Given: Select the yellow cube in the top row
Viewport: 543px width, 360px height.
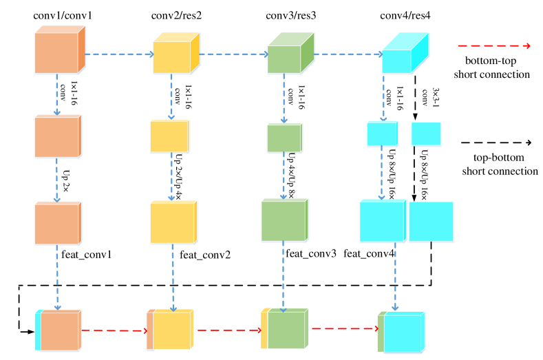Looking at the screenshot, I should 174,55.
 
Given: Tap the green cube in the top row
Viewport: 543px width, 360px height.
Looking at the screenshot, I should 288,56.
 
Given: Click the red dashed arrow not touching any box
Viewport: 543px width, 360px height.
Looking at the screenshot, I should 493,46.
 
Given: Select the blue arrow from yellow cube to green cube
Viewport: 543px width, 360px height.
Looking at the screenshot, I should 233,54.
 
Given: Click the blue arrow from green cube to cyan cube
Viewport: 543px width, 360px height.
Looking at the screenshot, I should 348,54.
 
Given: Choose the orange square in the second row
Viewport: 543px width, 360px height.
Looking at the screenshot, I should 58,137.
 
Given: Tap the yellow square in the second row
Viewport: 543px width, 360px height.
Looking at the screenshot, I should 170,136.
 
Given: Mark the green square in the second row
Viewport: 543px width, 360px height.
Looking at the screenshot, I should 284,138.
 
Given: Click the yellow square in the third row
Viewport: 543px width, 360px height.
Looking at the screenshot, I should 173,222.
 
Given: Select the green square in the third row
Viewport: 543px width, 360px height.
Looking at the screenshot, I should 284,221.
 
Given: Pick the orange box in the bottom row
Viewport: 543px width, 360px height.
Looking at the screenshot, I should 60,331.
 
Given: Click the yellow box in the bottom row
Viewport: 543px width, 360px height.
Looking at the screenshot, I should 171,330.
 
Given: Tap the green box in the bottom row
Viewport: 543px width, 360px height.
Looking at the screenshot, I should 286,330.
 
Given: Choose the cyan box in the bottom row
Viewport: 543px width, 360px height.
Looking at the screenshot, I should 403,333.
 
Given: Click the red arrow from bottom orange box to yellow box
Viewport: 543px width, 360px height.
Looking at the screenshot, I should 114,330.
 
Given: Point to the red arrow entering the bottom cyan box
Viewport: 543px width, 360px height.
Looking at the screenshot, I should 344,328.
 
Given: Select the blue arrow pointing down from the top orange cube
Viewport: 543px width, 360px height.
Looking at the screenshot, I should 56,94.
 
